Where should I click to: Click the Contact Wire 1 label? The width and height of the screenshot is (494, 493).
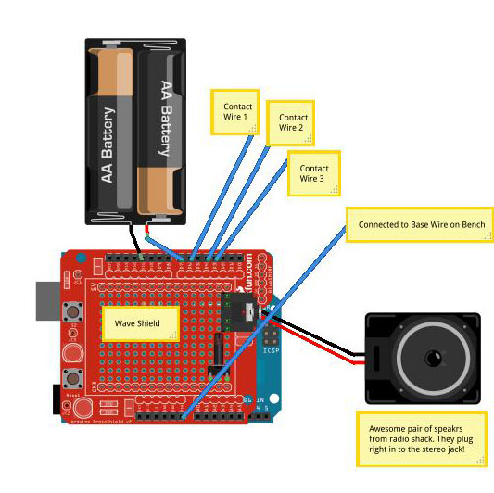click(x=234, y=112)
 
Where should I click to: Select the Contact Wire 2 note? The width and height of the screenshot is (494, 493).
click(x=293, y=123)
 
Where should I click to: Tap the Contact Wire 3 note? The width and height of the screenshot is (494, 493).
click(x=311, y=173)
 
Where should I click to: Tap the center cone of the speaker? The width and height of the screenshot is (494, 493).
click(x=432, y=358)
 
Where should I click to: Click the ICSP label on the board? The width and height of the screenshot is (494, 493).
click(x=271, y=350)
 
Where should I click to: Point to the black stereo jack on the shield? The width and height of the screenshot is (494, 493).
click(x=242, y=314)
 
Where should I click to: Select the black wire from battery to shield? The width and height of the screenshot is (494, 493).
click(x=137, y=240)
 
